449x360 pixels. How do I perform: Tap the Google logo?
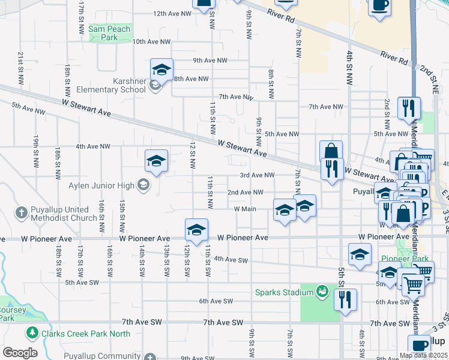coord(20,353)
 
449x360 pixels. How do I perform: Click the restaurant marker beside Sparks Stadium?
coord(345,299)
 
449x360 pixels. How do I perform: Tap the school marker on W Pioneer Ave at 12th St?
coord(196,230)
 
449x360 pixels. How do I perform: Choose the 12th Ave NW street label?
coord(172,13)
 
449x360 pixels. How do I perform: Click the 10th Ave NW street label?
coord(151,42)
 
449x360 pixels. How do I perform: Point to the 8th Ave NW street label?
coord(191,79)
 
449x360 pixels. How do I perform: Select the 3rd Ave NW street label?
coord(257,175)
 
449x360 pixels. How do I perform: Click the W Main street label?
coord(245,209)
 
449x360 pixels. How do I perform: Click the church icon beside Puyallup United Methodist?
coord(21,213)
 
